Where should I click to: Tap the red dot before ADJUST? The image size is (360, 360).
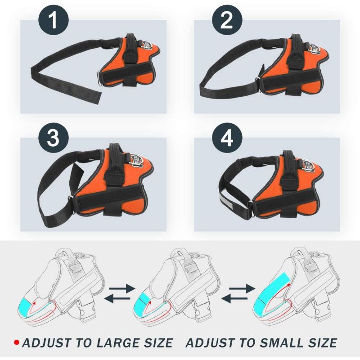pos(16,343)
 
